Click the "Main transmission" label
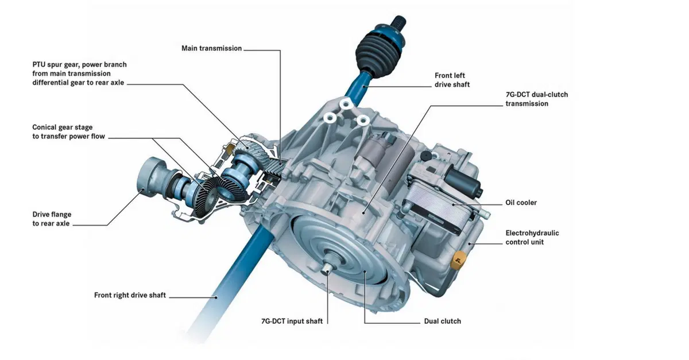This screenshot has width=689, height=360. click(x=212, y=48)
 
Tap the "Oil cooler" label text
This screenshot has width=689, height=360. click(x=521, y=203)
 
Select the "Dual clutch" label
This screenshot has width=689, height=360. click(x=442, y=321)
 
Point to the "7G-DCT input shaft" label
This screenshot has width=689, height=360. click(x=292, y=321)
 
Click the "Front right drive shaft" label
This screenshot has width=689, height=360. click(x=130, y=295)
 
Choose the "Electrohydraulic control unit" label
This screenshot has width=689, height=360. click(x=532, y=238)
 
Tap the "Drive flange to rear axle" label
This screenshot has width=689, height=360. click(x=52, y=219)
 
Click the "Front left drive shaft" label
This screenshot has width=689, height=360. click(x=452, y=80)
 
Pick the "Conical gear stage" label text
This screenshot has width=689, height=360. click(x=63, y=127)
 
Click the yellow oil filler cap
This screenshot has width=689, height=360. click(x=458, y=260)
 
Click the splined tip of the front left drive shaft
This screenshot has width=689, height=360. click(x=398, y=22)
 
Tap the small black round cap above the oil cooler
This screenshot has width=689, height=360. click(x=426, y=156)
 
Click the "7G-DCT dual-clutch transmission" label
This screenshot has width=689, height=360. click(x=537, y=99)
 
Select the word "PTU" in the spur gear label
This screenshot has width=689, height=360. click(x=39, y=65)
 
